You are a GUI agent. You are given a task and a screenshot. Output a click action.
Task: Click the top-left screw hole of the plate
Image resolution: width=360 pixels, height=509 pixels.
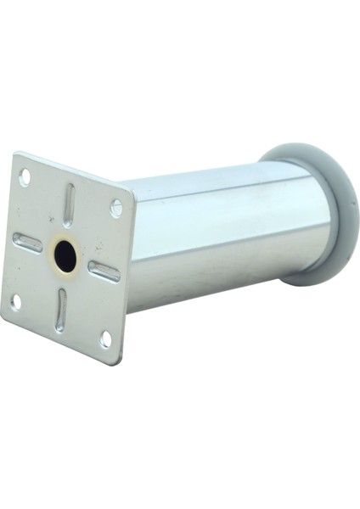25,177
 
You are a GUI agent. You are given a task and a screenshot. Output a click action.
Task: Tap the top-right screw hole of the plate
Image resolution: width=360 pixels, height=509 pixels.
116,208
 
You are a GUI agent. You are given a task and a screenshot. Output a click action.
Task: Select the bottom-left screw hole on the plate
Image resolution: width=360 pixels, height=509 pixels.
15,300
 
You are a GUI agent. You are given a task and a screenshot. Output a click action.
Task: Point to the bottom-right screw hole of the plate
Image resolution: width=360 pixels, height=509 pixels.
105,338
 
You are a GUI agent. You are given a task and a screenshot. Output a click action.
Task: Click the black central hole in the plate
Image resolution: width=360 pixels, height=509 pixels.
65,255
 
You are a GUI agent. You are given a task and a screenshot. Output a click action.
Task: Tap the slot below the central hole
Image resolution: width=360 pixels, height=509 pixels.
60,310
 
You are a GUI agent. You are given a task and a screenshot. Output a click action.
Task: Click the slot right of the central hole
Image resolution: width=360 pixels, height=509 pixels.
104,271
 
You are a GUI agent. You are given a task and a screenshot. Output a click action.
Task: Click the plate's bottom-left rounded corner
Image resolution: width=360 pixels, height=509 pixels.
4,317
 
